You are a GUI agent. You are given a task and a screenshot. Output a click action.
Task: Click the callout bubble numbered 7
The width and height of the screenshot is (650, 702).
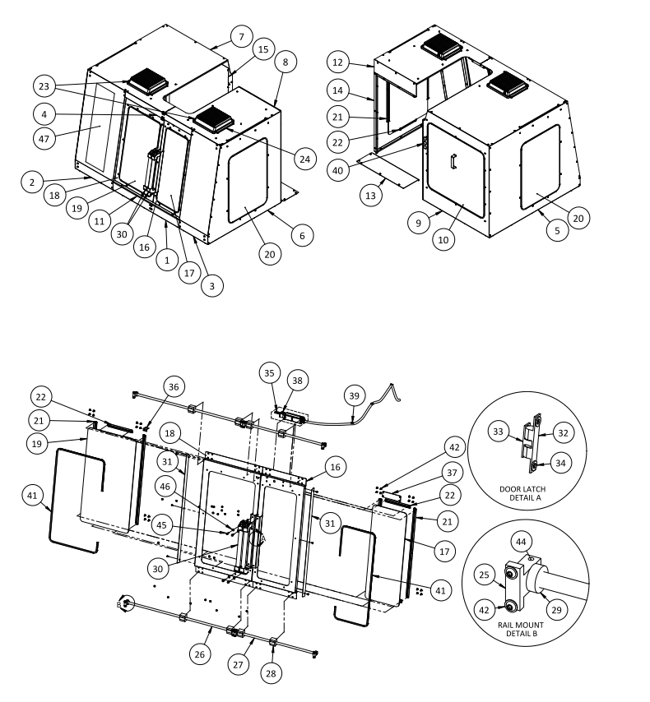click(x=240, y=37)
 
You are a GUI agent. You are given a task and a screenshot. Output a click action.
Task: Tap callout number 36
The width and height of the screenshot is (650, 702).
click(x=173, y=386)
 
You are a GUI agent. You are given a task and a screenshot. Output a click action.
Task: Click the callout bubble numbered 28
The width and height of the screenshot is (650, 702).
click(x=272, y=672)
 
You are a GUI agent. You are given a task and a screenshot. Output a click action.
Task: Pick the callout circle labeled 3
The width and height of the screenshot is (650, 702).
click(x=211, y=285)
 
